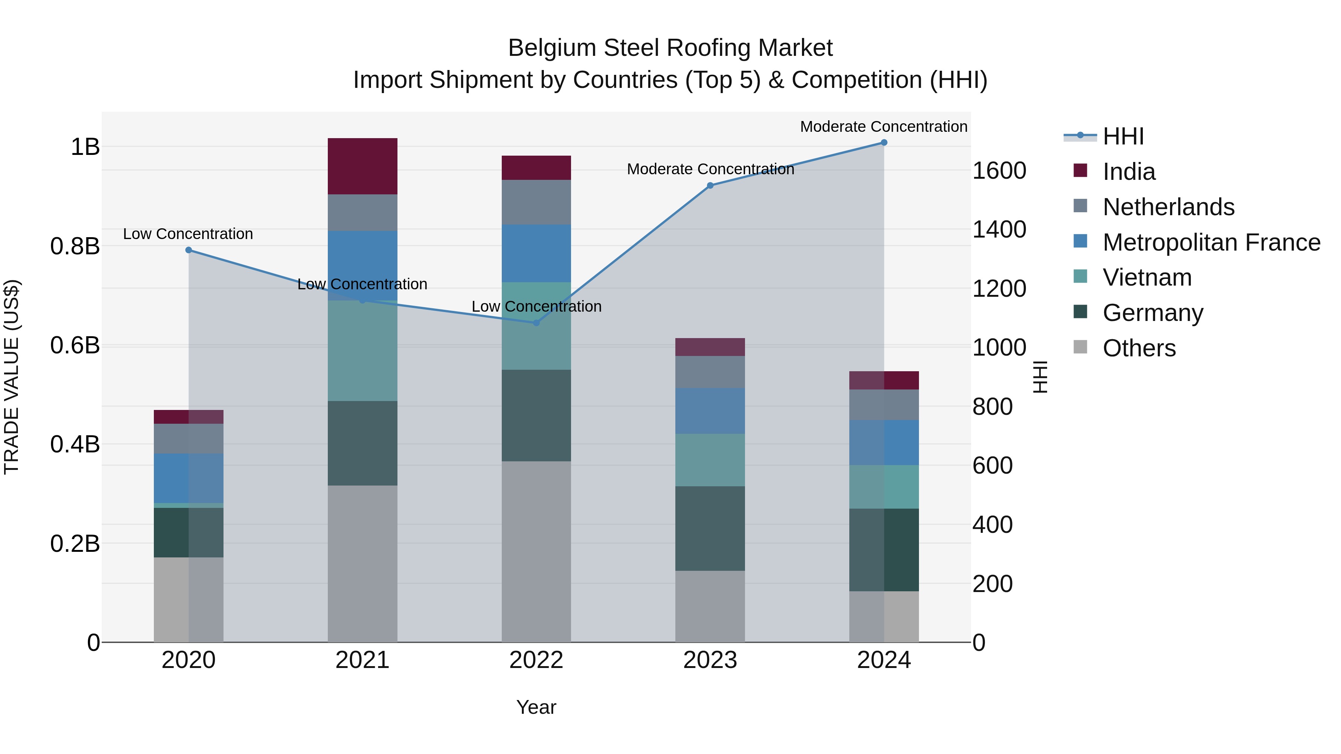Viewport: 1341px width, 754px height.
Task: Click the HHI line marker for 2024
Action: click(884, 143)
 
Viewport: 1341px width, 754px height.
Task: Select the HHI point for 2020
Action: click(188, 250)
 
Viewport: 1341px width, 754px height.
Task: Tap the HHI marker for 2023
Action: click(710, 185)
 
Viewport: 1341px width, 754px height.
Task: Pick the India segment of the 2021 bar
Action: click(362, 166)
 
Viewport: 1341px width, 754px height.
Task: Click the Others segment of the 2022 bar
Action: click(536, 551)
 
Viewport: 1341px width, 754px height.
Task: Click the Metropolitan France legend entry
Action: click(1211, 242)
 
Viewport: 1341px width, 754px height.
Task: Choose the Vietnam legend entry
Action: click(1147, 277)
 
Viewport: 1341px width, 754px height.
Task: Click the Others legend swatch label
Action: click(1139, 348)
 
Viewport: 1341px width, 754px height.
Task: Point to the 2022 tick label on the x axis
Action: click(536, 660)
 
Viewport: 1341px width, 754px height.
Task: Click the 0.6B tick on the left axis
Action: click(75, 346)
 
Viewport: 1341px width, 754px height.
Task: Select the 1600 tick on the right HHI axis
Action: click(999, 171)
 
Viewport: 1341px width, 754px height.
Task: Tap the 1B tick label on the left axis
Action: click(85, 147)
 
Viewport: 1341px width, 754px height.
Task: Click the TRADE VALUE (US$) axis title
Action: click(12, 377)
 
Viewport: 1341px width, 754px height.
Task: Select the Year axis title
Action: click(536, 707)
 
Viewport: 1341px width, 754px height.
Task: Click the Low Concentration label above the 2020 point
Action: click(188, 234)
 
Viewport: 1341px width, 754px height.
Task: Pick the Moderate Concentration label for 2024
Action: click(884, 127)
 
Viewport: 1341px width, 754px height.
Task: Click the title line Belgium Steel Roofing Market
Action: click(670, 48)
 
